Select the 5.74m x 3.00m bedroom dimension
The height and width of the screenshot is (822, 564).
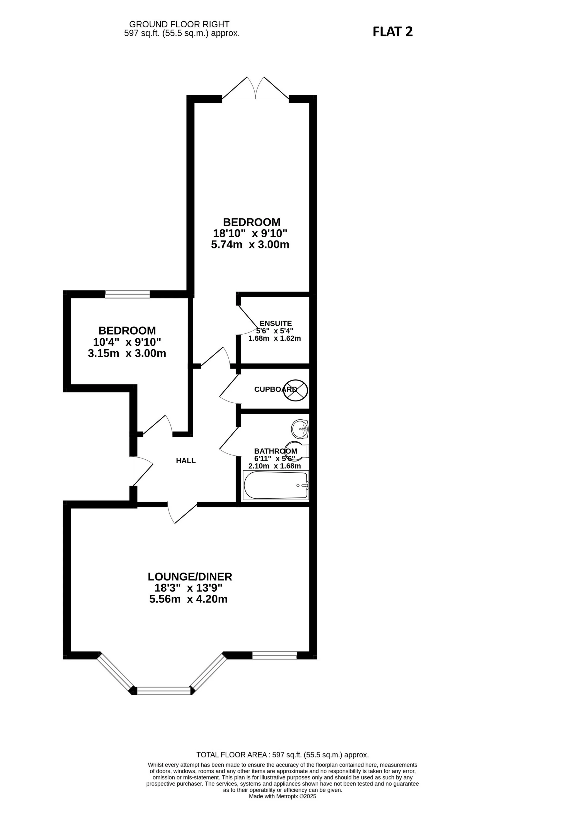[x=250, y=244]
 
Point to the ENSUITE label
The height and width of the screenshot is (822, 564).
[x=275, y=323]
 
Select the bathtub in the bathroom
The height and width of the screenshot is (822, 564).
[x=275, y=486]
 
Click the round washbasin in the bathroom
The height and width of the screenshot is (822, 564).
[x=300, y=429]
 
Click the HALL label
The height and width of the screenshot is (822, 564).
[x=186, y=460]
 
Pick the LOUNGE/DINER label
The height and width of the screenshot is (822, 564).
[x=190, y=577]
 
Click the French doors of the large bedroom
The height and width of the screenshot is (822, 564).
[x=255, y=88]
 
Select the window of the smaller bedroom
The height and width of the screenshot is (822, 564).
[x=127, y=294]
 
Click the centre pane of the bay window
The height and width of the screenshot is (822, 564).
[x=163, y=691]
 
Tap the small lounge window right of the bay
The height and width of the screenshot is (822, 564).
[x=274, y=655]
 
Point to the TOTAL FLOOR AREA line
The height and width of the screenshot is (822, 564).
[x=282, y=755]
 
